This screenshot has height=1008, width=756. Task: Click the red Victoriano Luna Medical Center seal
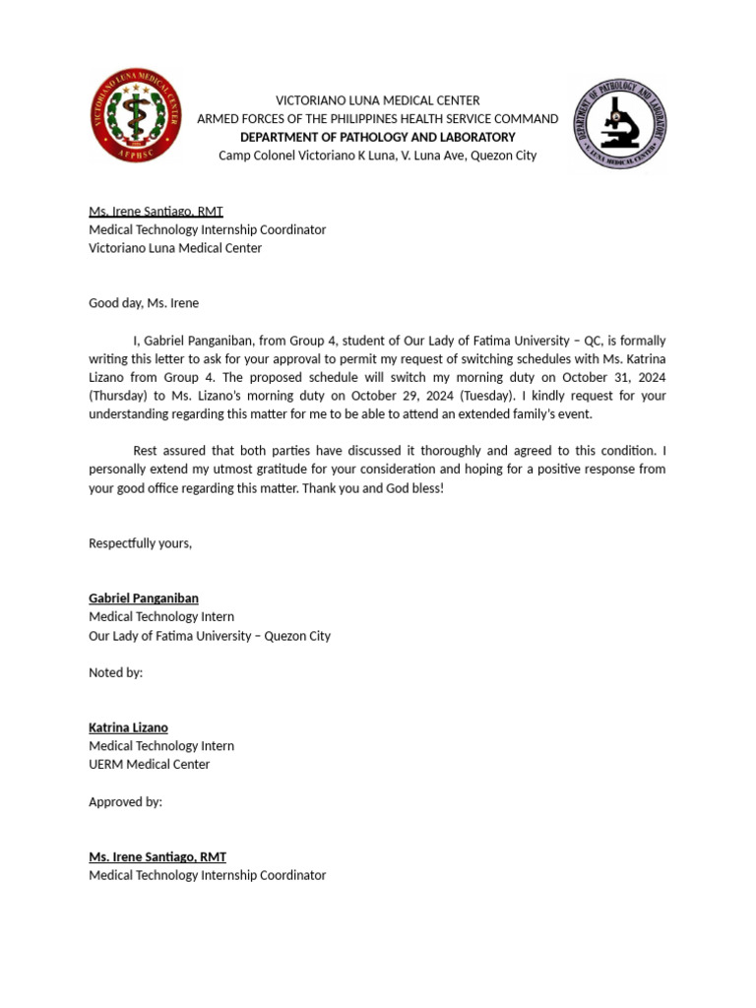coord(136,116)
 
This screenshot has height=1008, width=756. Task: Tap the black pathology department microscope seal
coord(620,124)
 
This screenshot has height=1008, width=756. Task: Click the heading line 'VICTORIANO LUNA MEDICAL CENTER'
coord(377,100)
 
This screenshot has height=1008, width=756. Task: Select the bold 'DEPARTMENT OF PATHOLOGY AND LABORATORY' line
coord(377,137)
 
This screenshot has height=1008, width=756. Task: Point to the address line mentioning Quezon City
coord(377,156)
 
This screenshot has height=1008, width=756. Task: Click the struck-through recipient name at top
coord(156,212)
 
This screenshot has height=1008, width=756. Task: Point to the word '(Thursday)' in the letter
coord(120,396)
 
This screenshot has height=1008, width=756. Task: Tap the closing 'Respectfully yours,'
coord(140,543)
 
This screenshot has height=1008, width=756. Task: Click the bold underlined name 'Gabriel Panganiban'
coord(144,598)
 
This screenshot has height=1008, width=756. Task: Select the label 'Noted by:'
coord(115,672)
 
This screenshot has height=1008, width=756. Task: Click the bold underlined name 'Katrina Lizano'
coord(128,727)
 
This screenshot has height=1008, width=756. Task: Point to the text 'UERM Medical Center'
coord(149,764)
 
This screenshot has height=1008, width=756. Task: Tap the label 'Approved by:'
coord(125,801)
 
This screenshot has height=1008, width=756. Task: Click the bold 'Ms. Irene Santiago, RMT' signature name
coord(157,857)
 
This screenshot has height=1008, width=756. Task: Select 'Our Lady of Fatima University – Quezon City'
coord(210,636)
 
